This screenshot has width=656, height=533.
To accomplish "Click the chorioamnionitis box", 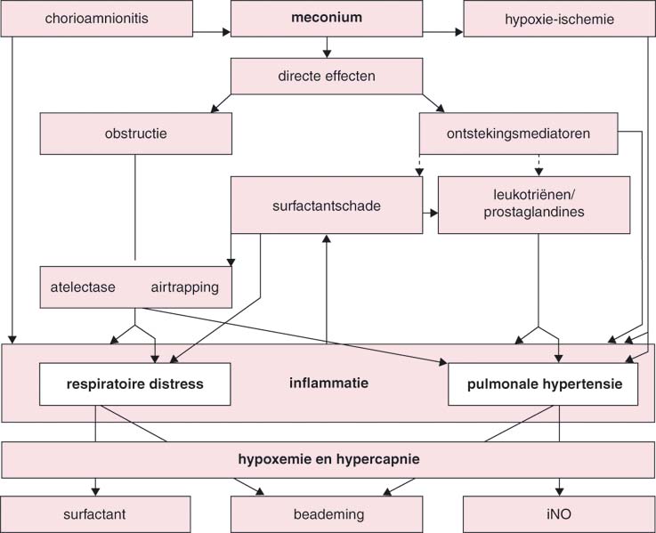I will click(96, 19).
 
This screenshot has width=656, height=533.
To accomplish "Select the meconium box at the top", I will click(327, 19).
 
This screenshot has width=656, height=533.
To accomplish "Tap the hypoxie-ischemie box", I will click(559, 19).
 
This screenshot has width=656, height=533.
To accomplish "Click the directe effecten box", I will click(327, 76).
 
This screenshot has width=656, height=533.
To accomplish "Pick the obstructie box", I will click(135, 134).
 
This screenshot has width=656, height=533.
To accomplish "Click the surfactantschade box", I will click(327, 205).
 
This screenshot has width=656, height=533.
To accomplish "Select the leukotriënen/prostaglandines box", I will click(533, 205).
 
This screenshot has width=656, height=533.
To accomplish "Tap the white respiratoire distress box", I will click(134, 384).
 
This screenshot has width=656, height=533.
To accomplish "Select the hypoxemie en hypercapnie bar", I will click(328, 459).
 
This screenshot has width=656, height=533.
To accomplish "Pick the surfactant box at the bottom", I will click(96, 514).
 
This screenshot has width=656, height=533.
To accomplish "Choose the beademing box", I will click(327, 514).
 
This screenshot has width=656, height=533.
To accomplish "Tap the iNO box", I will click(559, 514).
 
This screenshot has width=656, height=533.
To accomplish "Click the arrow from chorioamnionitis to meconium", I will click(212, 34).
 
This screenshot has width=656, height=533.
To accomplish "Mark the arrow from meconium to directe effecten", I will click(327, 48).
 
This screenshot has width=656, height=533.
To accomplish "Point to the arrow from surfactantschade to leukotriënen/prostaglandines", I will click(430, 214).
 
